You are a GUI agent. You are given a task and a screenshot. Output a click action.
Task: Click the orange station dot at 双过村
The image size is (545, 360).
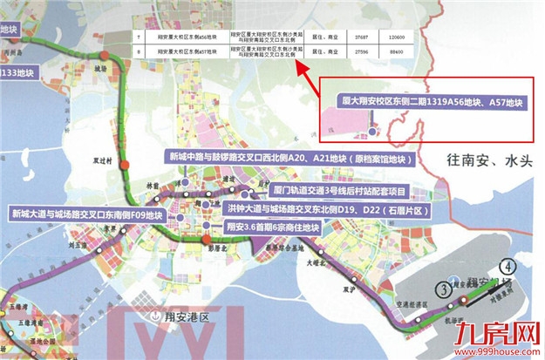[126, 165]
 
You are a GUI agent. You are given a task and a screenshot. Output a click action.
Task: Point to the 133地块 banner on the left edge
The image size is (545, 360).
[19, 71]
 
